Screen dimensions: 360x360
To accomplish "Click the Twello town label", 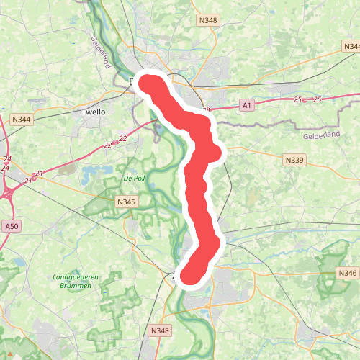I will point(94,112).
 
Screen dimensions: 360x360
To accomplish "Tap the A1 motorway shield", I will point(247,106).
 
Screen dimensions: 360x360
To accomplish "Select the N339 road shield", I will point(294,160).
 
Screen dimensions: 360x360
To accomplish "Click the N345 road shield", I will point(126,203).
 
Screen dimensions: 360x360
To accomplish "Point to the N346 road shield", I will point(347,273).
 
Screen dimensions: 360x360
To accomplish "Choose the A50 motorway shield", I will point(11,226).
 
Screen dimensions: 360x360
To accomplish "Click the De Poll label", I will point(135,178).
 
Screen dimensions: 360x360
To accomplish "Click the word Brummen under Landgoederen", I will point(77,286).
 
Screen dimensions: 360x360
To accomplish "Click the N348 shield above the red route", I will point(209,22).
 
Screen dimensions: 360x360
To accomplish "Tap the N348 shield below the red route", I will point(160,330).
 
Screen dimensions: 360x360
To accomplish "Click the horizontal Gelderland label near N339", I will point(320,135).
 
